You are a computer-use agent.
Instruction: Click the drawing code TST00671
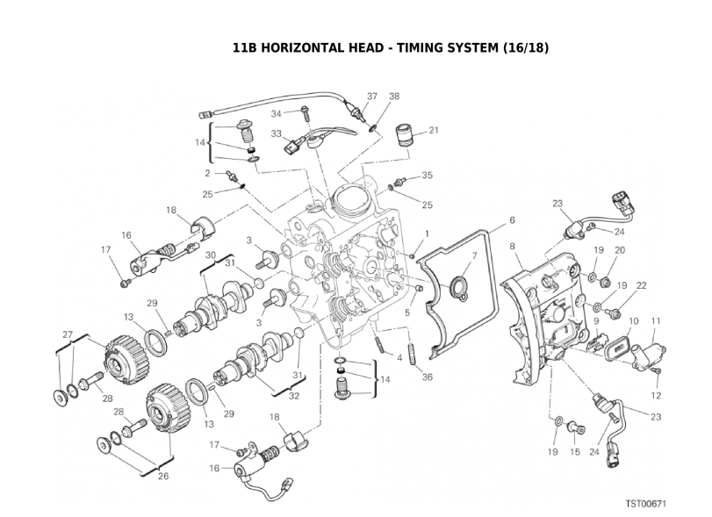click(646, 504)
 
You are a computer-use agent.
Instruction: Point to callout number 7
click(474, 256)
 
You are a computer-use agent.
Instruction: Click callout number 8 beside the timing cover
click(512, 248)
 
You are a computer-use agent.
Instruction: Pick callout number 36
click(427, 377)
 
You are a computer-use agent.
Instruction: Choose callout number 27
click(67, 334)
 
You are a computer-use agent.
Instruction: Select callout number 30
click(211, 255)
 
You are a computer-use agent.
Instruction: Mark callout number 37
click(372, 96)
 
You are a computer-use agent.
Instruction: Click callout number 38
click(394, 96)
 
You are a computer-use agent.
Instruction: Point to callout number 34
click(276, 113)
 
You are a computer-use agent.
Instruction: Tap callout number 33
click(276, 134)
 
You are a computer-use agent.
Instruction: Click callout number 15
click(576, 453)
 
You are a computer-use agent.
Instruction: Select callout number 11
click(655, 321)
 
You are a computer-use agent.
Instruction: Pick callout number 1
click(427, 233)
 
